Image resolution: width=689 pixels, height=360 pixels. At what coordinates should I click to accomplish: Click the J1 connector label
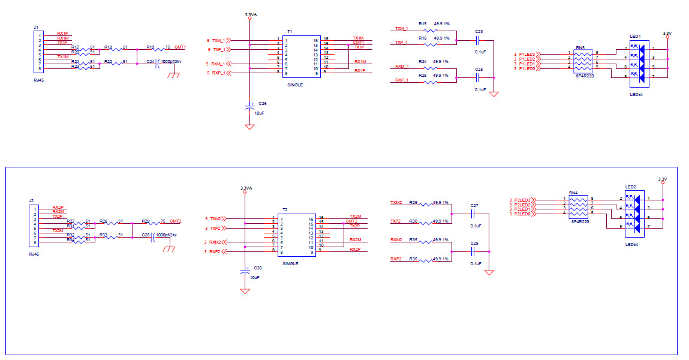[x=36, y=28]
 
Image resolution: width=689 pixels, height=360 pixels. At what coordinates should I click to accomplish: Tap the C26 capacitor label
[x=263, y=103]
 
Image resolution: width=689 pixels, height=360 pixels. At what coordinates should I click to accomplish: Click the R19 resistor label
[x=150, y=46]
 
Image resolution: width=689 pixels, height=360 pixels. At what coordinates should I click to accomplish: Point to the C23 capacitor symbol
[x=478, y=41]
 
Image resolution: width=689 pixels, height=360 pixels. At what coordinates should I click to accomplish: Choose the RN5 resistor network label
[x=580, y=47]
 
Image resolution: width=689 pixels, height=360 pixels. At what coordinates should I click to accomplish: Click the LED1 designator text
[x=636, y=36]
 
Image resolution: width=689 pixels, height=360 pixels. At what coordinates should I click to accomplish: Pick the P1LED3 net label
[x=527, y=54]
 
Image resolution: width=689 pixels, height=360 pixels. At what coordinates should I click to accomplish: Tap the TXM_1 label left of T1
[x=218, y=40]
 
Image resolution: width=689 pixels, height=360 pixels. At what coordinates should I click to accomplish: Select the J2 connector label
[x=31, y=201]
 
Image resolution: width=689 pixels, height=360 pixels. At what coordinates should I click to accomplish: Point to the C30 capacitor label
[x=258, y=268]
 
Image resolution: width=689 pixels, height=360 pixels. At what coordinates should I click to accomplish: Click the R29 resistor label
[x=146, y=221]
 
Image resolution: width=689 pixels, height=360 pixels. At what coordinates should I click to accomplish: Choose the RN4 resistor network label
[x=573, y=193]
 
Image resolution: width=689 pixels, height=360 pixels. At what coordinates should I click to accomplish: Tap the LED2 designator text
[x=631, y=187]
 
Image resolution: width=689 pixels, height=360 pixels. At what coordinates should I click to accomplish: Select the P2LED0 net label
[x=522, y=214]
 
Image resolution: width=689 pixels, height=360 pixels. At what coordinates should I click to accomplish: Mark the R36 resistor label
[x=413, y=259]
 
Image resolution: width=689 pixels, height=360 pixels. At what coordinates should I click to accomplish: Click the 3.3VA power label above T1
[x=250, y=14]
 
